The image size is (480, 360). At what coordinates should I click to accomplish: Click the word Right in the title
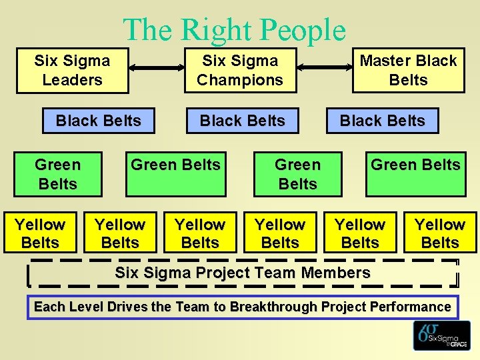click(x=214, y=30)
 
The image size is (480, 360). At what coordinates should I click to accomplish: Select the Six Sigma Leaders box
click(x=72, y=71)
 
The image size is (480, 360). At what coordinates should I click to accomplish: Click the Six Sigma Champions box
click(x=240, y=71)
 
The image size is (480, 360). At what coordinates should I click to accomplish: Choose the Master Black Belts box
click(x=408, y=71)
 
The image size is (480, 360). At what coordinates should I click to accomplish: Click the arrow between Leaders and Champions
click(x=157, y=67)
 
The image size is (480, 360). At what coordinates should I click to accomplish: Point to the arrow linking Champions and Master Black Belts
click(x=324, y=67)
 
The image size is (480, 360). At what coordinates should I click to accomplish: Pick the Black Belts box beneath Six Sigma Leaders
click(x=99, y=121)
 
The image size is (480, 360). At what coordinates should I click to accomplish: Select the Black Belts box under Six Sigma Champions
click(x=243, y=121)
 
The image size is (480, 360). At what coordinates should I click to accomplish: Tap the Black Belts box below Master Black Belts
click(x=383, y=121)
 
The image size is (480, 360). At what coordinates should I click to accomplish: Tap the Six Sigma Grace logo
click(x=441, y=335)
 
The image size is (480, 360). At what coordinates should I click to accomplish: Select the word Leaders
click(x=72, y=80)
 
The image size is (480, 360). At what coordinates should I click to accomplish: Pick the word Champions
click(x=240, y=80)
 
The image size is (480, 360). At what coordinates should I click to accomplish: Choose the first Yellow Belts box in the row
click(x=40, y=233)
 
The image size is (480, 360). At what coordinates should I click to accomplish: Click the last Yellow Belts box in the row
click(x=440, y=233)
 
